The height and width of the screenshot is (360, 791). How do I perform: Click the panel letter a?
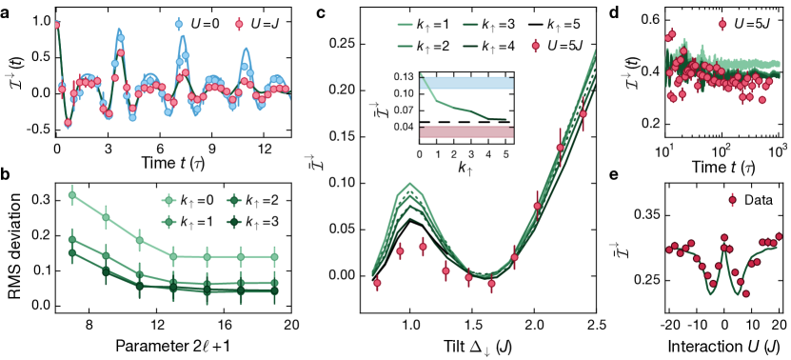click(8, 11)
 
